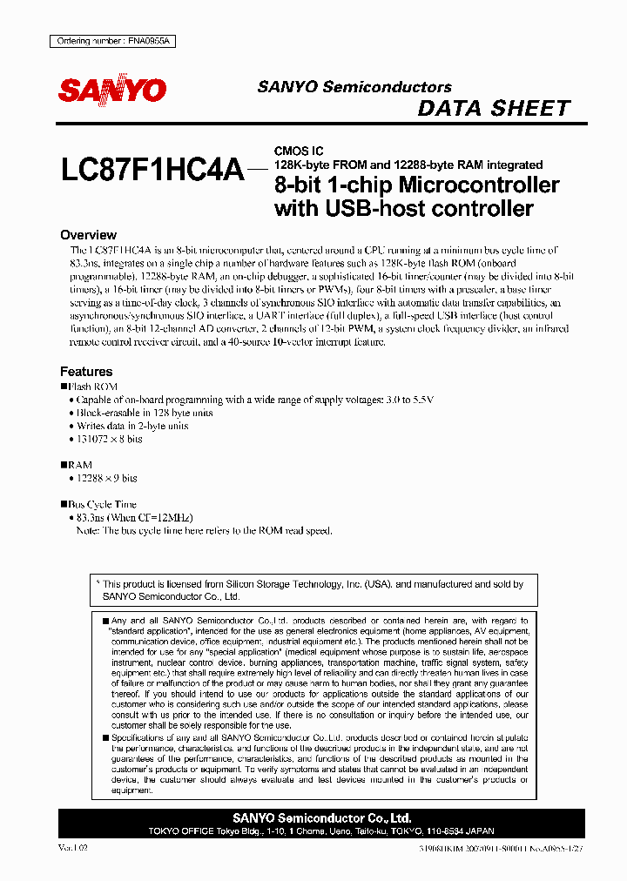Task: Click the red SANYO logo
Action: [x=111, y=91]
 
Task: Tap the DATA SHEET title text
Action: [x=494, y=109]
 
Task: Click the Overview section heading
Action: [x=88, y=235]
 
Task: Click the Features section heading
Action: [x=86, y=372]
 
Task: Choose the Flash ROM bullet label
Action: [x=92, y=387]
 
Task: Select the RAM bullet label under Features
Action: [x=79, y=466]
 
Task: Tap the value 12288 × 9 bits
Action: [x=106, y=479]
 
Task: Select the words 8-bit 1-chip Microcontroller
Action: [x=416, y=185]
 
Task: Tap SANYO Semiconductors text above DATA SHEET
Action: [x=354, y=87]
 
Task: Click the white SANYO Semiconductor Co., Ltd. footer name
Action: [x=322, y=818]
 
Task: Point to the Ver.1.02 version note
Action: [x=73, y=847]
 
